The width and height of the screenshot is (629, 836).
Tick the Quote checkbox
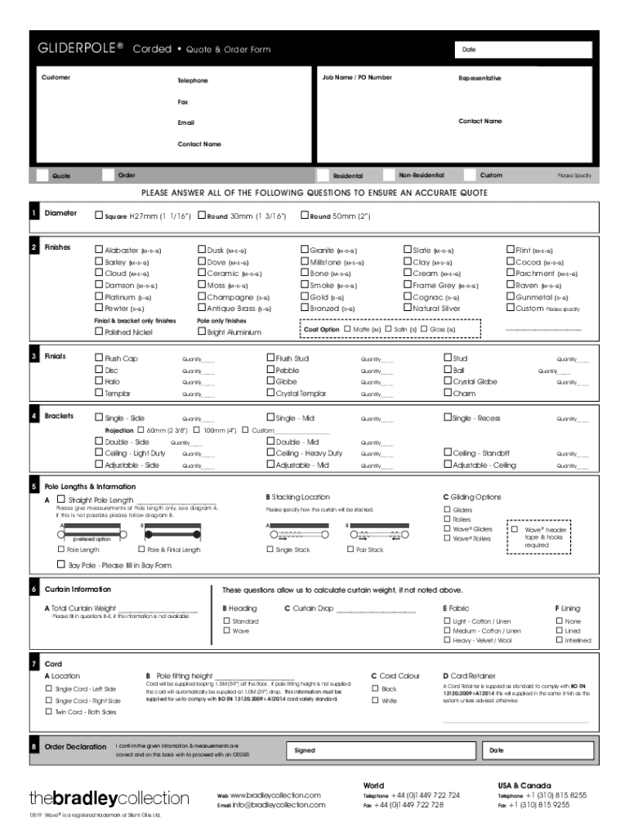point(42,176)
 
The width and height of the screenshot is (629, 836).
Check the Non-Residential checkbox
point(389,175)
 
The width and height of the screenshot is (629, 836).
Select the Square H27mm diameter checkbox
point(99,216)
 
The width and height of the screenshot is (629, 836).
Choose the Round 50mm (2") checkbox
point(305,216)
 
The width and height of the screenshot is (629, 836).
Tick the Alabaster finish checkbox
point(99,251)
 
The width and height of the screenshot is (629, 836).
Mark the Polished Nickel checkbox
point(99,332)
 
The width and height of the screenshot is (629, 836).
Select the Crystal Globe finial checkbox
point(447,381)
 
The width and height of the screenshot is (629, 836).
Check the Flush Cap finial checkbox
point(99,358)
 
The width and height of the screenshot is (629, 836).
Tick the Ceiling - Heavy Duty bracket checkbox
point(270,453)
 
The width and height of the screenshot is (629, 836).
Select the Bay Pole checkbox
point(60,564)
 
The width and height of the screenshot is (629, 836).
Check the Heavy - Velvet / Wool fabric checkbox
point(447,640)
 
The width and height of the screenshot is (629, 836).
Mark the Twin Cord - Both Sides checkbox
point(48,712)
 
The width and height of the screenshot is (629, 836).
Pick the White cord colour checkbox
point(375,700)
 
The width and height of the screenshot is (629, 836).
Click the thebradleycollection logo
point(109,798)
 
